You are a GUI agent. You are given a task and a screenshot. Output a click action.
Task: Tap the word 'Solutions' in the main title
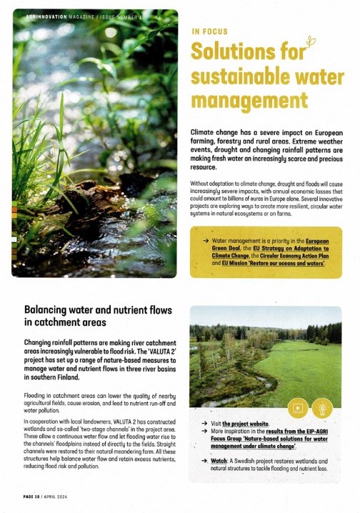(241, 54)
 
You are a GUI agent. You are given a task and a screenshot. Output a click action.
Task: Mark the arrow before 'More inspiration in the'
(204, 432)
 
